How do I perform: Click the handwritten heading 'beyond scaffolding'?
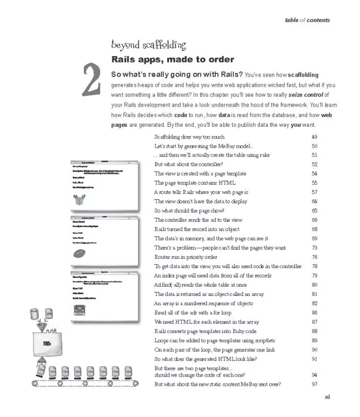click(x=148, y=45)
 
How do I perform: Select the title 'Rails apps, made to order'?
click(x=172, y=60)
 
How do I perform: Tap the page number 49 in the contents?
click(x=315, y=137)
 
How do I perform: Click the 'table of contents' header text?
click(x=307, y=20)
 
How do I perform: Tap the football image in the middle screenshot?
click(x=81, y=253)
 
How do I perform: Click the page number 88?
click(x=315, y=331)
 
